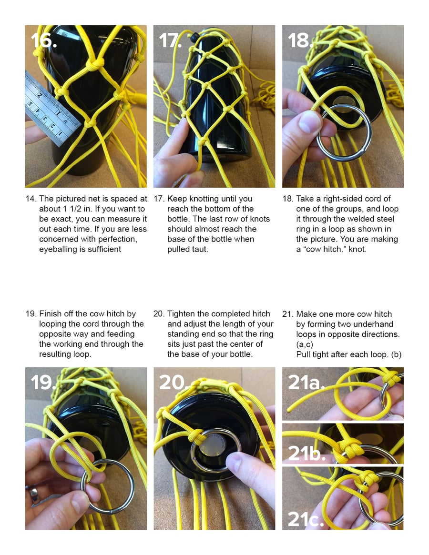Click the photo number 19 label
[x=43, y=383]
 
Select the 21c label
[x=305, y=519]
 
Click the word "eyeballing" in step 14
[x=62, y=249]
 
